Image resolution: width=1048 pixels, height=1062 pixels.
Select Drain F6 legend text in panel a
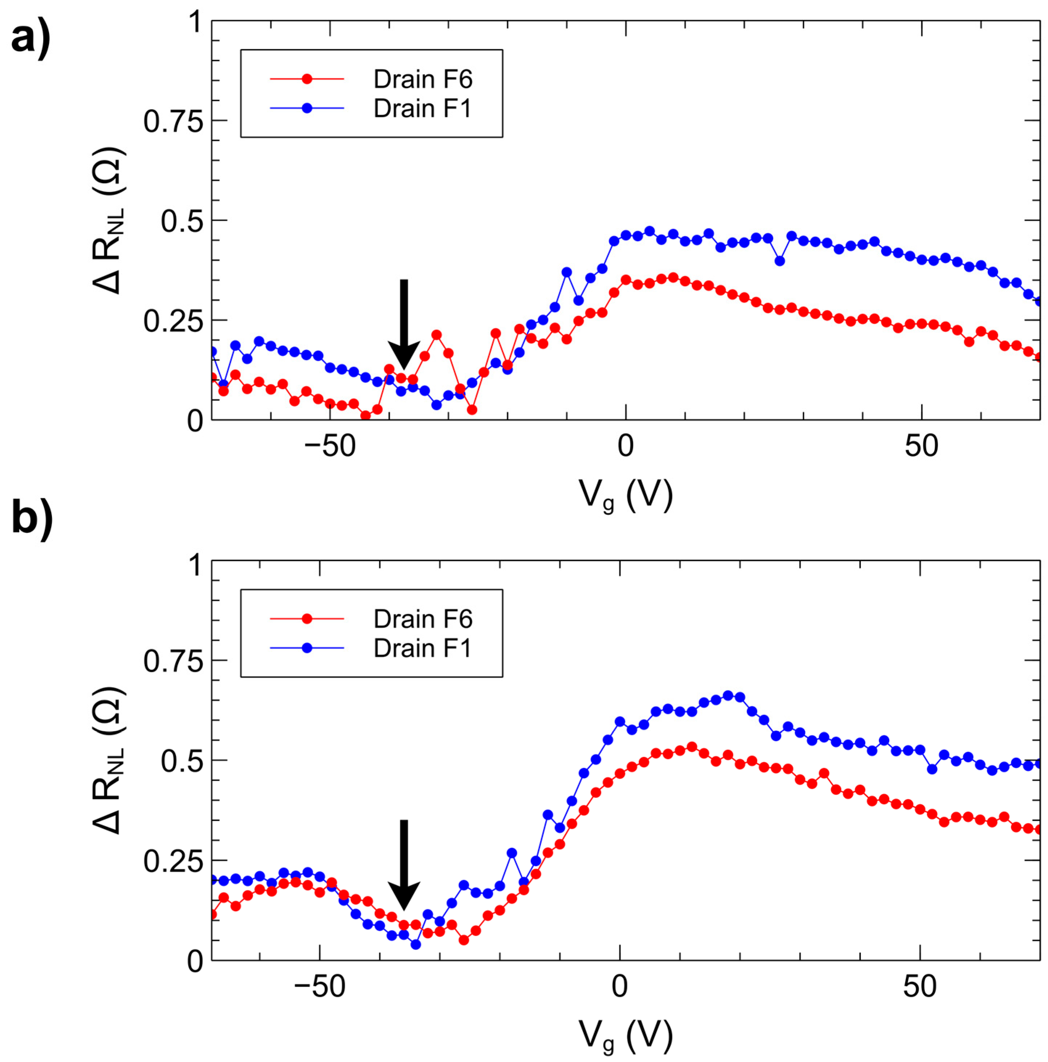coord(422,80)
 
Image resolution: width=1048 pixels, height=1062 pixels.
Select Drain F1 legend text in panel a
coord(422,109)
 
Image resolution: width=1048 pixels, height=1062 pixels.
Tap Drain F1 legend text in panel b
coord(422,649)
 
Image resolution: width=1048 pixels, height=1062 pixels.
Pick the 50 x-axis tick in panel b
coord(920,987)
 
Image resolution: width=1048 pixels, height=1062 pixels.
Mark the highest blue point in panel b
coord(728,695)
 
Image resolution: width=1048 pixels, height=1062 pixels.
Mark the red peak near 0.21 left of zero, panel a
coord(437,335)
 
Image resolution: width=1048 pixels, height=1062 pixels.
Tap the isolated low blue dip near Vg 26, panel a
coord(779,261)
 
